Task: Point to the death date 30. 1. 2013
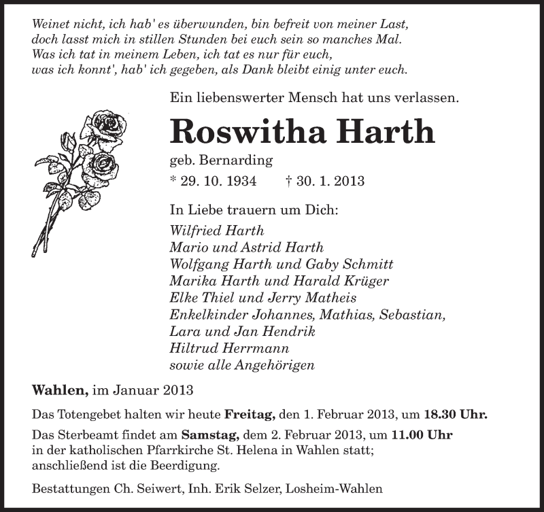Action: point(328,182)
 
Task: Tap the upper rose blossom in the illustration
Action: point(97,125)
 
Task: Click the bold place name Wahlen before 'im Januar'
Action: point(60,391)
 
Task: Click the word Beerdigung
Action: point(187,466)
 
